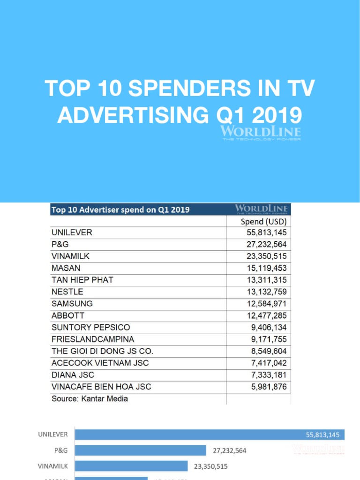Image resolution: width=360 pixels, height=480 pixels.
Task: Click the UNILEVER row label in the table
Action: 72,232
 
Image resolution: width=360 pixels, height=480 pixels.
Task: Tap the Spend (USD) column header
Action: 263,221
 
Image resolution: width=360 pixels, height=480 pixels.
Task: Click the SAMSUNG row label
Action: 72,304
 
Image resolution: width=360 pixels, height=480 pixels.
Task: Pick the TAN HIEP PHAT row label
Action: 82,280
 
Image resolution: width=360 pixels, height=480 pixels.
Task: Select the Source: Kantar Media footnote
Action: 90,398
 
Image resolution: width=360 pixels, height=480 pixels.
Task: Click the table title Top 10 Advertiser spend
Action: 120,210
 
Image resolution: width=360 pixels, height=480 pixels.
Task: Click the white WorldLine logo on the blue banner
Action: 261,132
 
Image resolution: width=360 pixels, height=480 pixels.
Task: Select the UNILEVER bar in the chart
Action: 210,435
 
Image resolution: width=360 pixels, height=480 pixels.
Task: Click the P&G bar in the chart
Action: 141,450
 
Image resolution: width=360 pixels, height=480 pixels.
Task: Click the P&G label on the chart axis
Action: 61,450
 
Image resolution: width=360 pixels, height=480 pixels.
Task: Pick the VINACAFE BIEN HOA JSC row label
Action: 101,387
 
